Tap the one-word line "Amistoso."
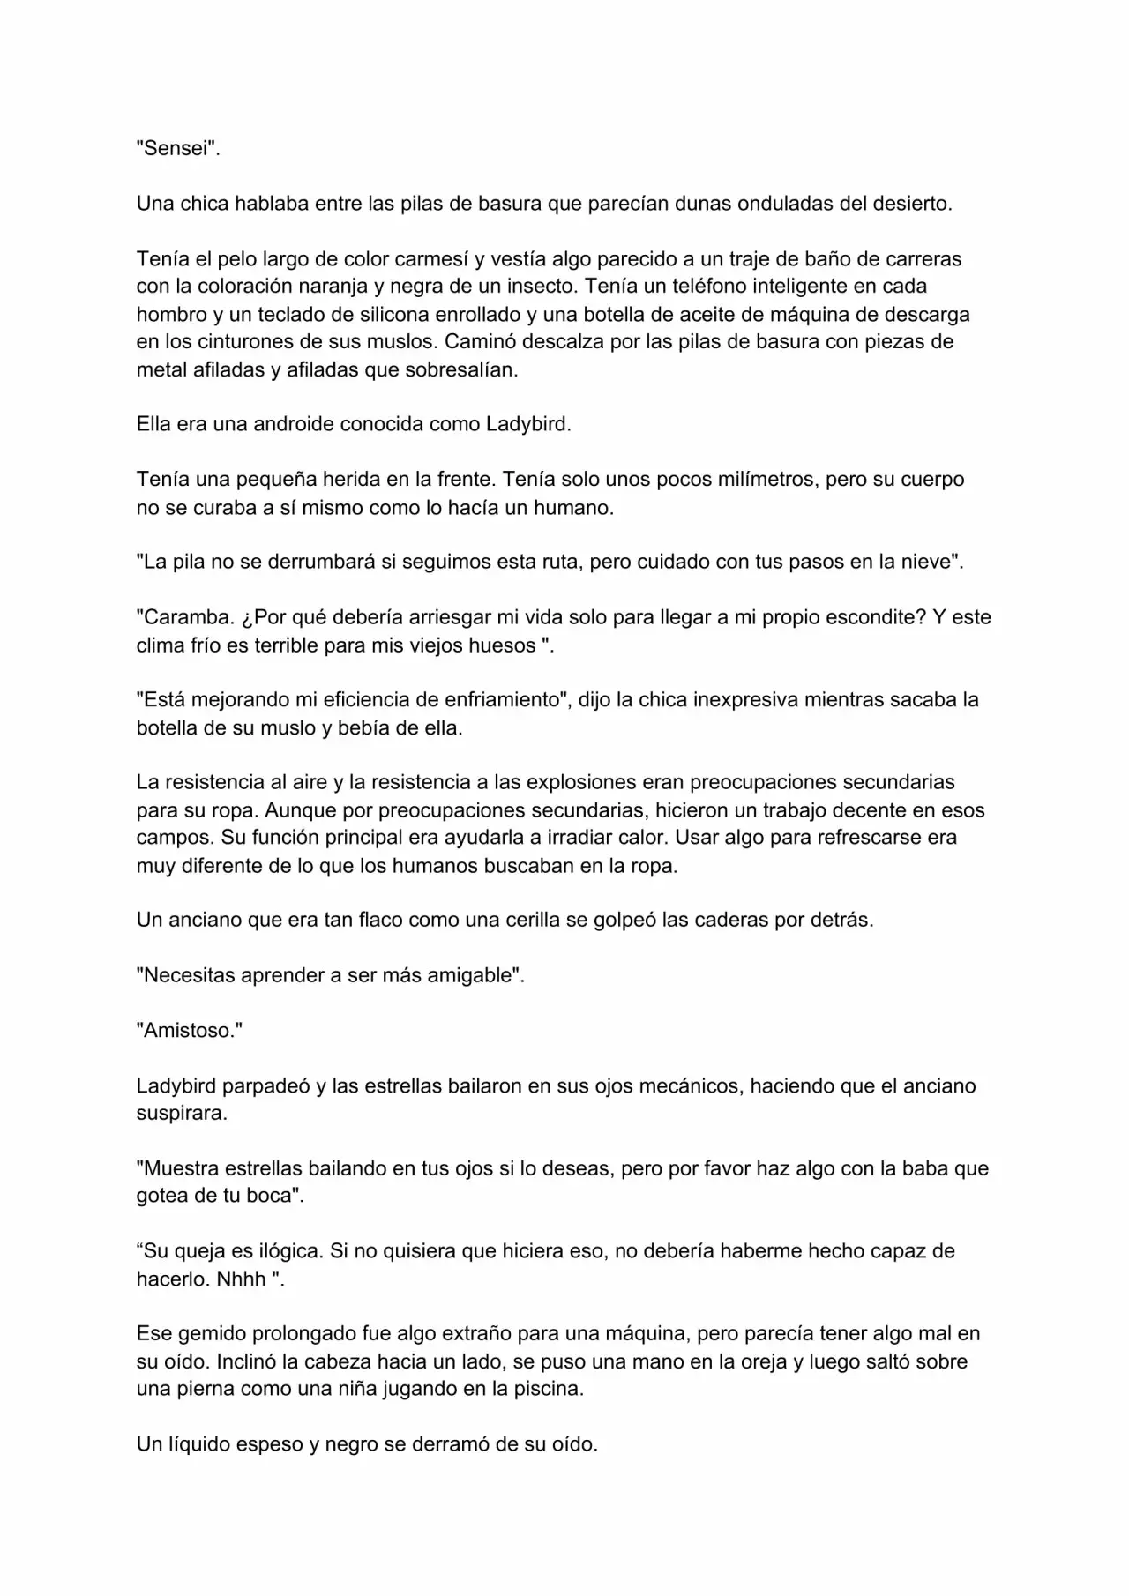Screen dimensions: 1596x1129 (189, 1031)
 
